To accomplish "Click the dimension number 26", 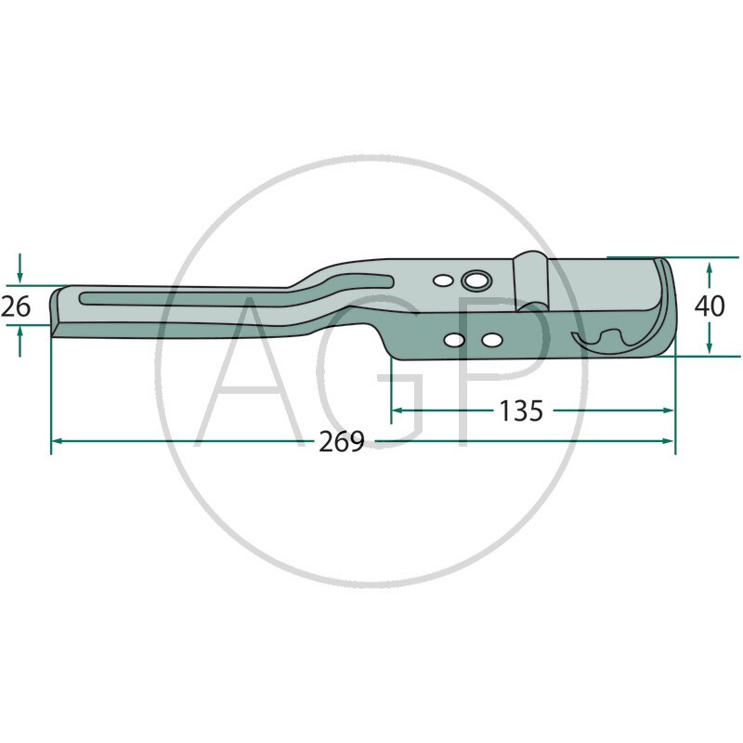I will [15, 306].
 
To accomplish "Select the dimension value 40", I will [710, 306].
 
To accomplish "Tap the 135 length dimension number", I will [520, 411].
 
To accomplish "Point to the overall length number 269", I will [341, 442].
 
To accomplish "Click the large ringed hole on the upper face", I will [477, 281].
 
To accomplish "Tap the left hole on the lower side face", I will [453, 342].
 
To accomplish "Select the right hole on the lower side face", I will [491, 341].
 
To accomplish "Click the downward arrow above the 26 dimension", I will [20, 273].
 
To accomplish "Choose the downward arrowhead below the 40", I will [710, 345].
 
